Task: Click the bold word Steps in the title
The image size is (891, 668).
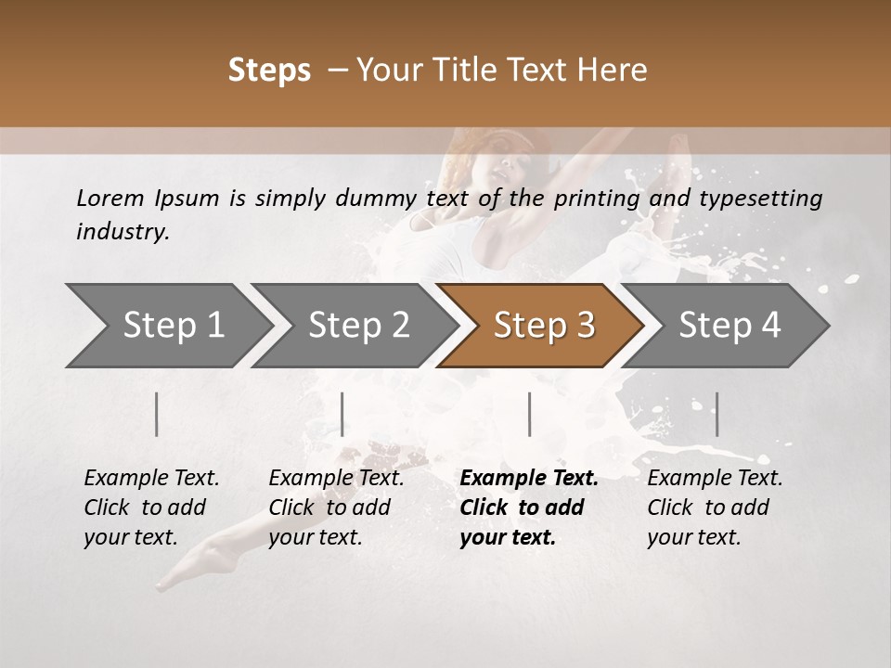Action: [269, 71]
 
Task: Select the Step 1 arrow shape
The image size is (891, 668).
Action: [167, 326]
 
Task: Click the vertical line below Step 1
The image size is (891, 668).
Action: [157, 414]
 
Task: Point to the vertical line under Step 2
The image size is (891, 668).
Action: [342, 414]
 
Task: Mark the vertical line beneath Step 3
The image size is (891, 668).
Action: [529, 414]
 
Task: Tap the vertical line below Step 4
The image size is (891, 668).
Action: [717, 414]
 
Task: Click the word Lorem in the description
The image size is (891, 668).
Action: [110, 198]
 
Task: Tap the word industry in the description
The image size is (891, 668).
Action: [123, 231]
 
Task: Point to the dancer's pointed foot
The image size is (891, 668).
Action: [172, 580]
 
